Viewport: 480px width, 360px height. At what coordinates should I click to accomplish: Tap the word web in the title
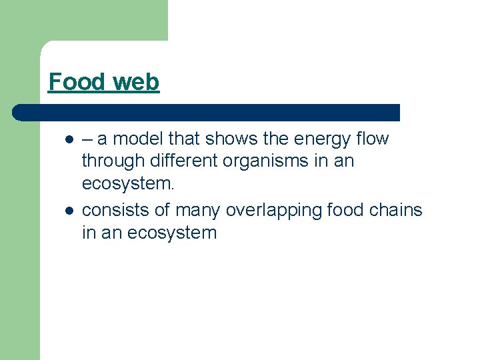tap(136, 82)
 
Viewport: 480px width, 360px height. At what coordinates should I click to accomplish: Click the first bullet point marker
tap(69, 140)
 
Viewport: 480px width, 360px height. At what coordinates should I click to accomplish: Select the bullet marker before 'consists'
tap(69, 211)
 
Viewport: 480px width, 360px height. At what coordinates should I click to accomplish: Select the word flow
tap(373, 139)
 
